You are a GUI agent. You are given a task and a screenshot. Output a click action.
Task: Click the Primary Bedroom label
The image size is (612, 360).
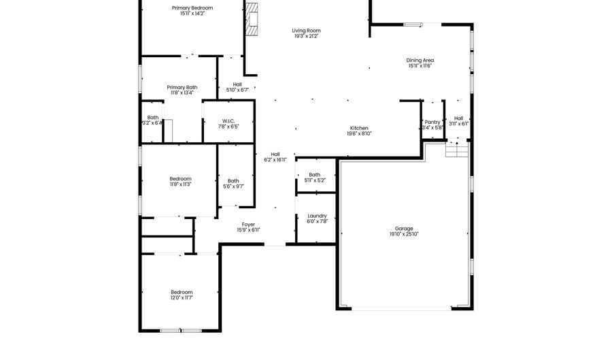(192, 7)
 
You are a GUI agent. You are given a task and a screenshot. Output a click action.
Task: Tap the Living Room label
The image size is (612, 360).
(306, 30)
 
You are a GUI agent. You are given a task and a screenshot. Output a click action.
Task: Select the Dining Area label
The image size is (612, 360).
(421, 60)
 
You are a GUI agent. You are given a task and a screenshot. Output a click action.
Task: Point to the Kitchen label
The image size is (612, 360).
(359, 128)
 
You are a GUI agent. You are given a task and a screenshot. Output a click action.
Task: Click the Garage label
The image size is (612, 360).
(404, 228)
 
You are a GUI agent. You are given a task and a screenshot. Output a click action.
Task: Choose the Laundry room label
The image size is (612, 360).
(317, 216)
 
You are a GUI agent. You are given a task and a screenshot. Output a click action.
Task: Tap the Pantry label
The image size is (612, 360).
(432, 122)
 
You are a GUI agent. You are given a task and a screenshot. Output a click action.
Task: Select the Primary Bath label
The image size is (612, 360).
(182, 87)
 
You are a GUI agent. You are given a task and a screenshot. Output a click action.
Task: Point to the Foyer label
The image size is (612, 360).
(248, 224)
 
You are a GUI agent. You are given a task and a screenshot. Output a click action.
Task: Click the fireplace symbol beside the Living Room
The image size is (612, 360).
(252, 19)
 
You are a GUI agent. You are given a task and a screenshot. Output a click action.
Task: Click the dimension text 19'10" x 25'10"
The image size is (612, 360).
(404, 234)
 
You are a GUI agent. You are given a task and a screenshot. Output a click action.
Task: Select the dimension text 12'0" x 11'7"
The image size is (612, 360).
(182, 297)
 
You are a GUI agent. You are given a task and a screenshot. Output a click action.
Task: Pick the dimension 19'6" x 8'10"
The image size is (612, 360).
(359, 133)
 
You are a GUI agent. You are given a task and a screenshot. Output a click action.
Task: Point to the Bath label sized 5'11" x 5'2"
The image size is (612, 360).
(314, 174)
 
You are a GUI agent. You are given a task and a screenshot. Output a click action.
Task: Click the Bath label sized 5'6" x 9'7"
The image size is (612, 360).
(233, 180)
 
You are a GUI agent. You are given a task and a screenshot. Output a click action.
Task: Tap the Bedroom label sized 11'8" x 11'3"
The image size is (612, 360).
(180, 178)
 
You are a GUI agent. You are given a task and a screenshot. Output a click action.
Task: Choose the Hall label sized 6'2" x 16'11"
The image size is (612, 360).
(275, 154)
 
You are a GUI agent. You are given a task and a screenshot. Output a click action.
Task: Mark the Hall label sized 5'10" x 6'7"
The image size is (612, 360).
(237, 84)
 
